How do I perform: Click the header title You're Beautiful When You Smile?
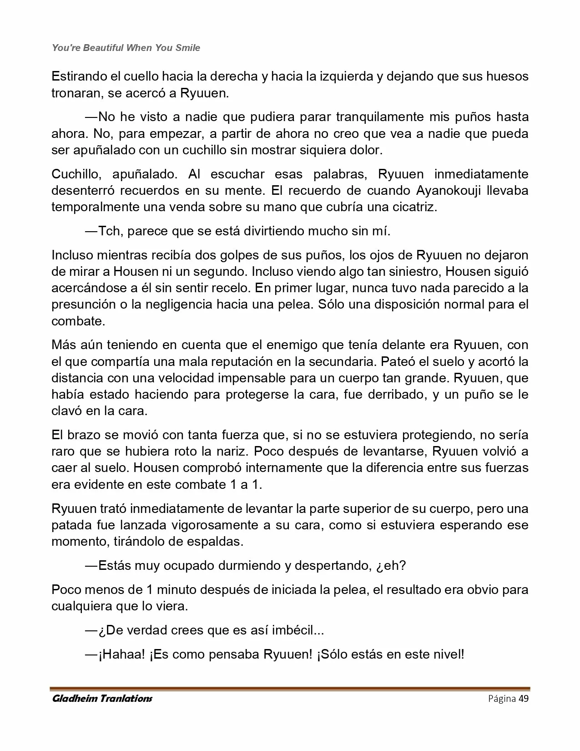pyautogui.click(x=126, y=48)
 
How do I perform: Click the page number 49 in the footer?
pyautogui.click(x=524, y=699)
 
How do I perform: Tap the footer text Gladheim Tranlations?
pyautogui.click(x=102, y=699)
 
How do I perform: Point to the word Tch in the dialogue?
pyautogui.click(x=109, y=231)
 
